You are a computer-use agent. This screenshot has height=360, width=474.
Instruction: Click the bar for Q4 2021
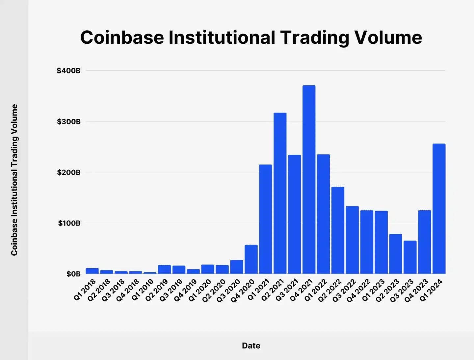tap(309, 179)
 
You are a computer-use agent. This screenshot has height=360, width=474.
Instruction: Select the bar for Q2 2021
tap(280, 193)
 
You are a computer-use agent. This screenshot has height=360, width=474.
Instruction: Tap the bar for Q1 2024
tap(439, 209)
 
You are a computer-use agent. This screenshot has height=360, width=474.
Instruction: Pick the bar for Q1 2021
tap(265, 219)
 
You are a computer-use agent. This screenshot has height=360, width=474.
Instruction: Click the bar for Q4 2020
tap(251, 259)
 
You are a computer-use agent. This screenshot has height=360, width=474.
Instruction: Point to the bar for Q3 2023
tap(410, 257)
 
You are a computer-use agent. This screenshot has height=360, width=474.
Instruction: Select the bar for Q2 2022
tap(338, 230)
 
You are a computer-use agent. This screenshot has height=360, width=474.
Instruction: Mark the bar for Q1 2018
tap(92, 271)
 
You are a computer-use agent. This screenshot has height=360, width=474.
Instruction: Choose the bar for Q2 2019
tap(164, 269)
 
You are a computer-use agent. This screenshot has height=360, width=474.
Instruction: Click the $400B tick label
tap(68, 71)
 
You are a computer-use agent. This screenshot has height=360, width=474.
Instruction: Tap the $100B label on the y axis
tap(69, 223)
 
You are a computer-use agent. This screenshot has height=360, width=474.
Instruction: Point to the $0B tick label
tap(73, 274)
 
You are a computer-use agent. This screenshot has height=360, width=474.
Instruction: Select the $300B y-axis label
tap(68, 122)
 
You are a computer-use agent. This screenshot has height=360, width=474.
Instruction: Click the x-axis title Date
tap(251, 346)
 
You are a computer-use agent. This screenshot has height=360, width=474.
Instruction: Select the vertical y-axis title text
tap(14, 180)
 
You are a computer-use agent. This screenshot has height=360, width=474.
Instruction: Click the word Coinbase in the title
tap(122, 37)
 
